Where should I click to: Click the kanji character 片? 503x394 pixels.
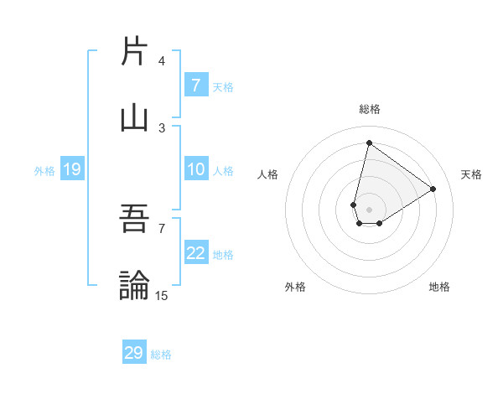point(134,52)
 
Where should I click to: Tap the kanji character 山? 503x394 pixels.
point(134,117)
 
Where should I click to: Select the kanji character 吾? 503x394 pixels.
point(134,220)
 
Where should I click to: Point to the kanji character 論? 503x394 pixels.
point(134,285)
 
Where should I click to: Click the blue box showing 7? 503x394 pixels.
point(195,86)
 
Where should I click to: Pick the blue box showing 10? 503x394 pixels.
point(195,170)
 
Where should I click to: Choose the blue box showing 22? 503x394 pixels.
point(195,254)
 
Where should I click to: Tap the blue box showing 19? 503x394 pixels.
point(71,170)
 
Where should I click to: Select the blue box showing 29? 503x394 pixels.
point(134,353)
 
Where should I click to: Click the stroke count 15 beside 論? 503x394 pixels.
point(162,295)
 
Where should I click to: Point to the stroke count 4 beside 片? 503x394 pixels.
point(162,61)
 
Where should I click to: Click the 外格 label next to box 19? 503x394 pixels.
point(44,171)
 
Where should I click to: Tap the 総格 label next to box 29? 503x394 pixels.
point(161,355)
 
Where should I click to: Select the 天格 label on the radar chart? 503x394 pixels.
point(471,174)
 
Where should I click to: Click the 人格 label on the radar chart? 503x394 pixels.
point(268,174)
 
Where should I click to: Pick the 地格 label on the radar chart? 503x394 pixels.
point(439,287)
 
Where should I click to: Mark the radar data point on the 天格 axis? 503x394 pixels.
point(433,189)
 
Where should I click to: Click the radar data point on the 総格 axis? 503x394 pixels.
point(369,143)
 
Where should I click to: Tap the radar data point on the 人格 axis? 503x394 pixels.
point(354,205)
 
